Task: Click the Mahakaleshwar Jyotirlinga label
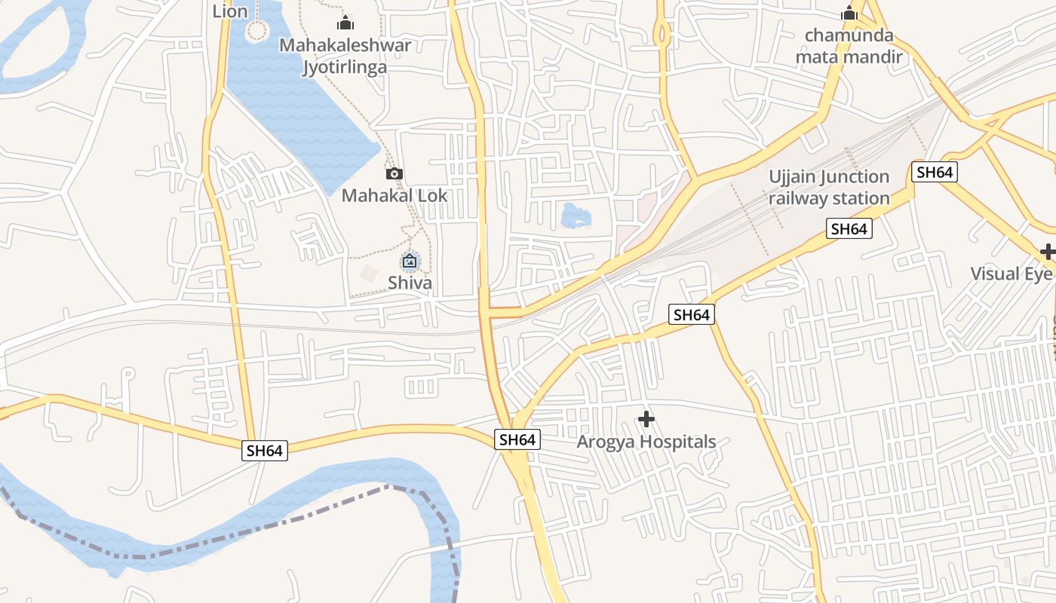(x=345, y=56)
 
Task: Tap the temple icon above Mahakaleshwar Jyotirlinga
(x=345, y=23)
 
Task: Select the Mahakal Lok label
(x=394, y=196)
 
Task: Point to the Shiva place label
(x=410, y=283)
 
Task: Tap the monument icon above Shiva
(x=410, y=262)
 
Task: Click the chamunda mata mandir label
(x=849, y=46)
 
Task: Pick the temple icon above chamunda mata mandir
(x=849, y=14)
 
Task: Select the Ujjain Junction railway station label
(x=829, y=188)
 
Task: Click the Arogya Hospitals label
(x=646, y=442)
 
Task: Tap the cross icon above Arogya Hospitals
(x=646, y=419)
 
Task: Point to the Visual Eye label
(x=1011, y=274)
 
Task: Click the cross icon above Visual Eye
(x=1047, y=252)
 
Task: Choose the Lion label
(x=230, y=11)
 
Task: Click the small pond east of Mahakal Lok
(x=576, y=216)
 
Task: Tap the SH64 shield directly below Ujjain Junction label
(x=849, y=229)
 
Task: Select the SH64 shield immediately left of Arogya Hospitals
(x=517, y=439)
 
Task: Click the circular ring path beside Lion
(x=257, y=31)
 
